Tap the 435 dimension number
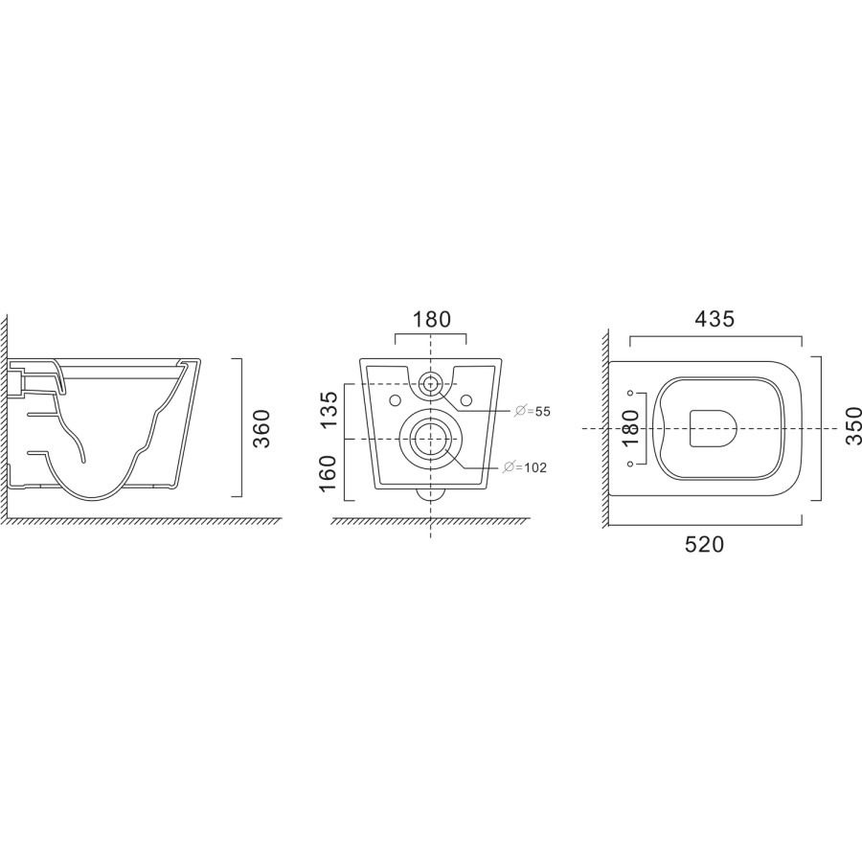click(x=715, y=319)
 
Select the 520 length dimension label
click(x=704, y=544)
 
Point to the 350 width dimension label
click(x=853, y=425)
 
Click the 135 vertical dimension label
click(x=329, y=410)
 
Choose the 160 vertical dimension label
click(x=329, y=474)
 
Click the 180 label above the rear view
click(x=431, y=319)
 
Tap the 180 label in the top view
click(x=632, y=429)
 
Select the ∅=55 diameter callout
click(x=532, y=411)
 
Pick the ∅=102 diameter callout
click(x=526, y=467)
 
